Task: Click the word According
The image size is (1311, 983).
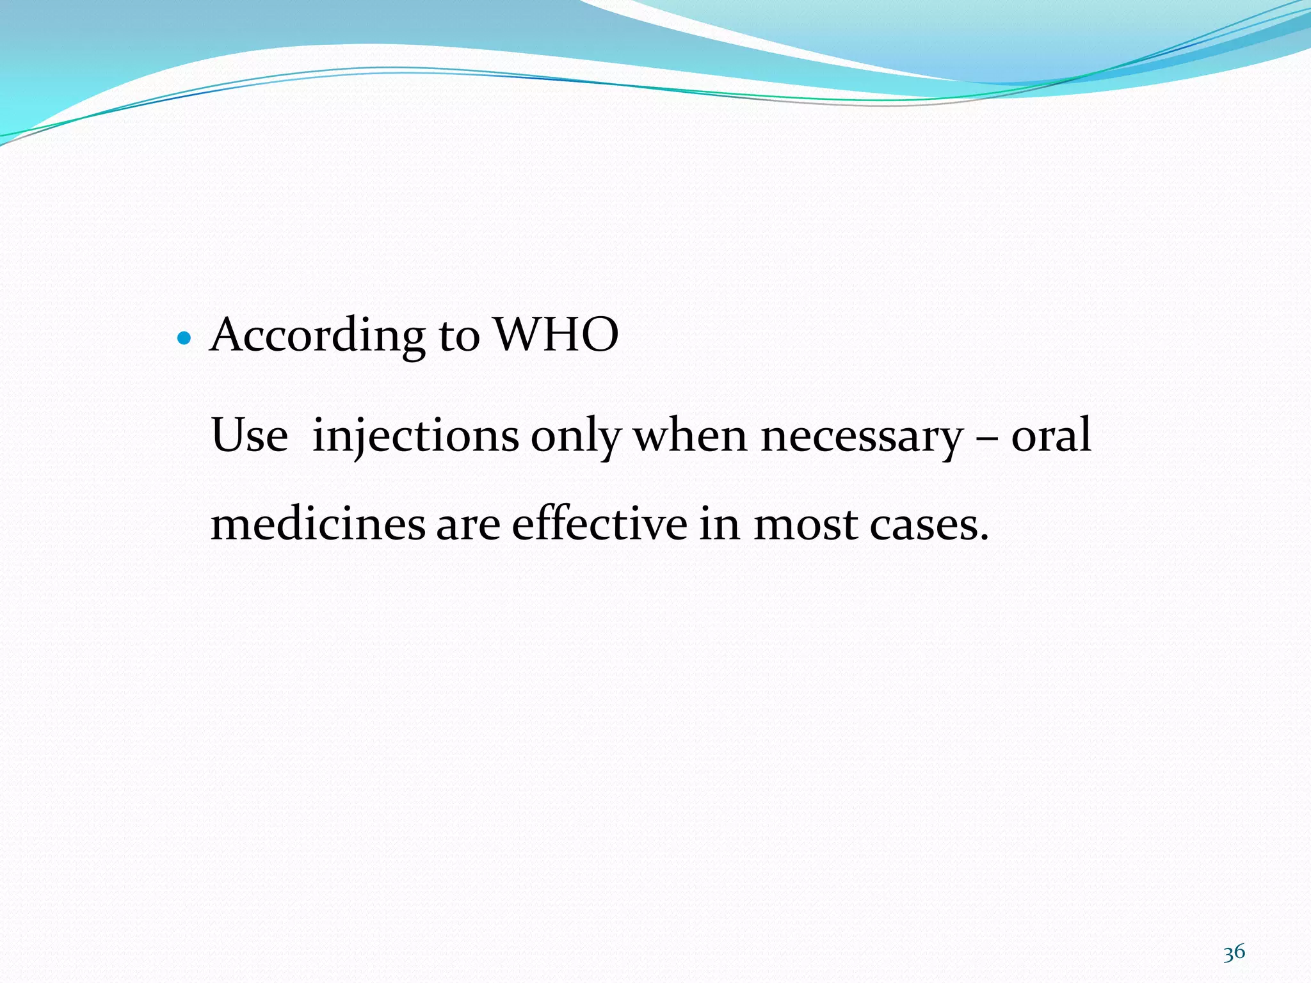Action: coord(317,335)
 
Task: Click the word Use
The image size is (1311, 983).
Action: coord(250,435)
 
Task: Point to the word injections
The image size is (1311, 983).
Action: coord(415,436)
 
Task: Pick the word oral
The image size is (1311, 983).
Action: coord(1051,435)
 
